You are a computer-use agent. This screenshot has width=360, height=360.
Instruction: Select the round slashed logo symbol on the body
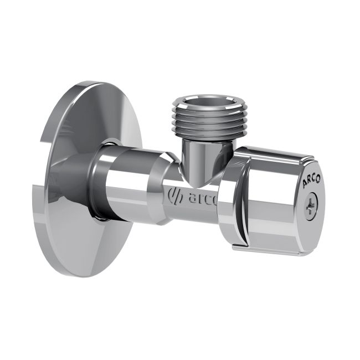173,196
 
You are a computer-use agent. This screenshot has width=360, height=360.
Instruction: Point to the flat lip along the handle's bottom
266,250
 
